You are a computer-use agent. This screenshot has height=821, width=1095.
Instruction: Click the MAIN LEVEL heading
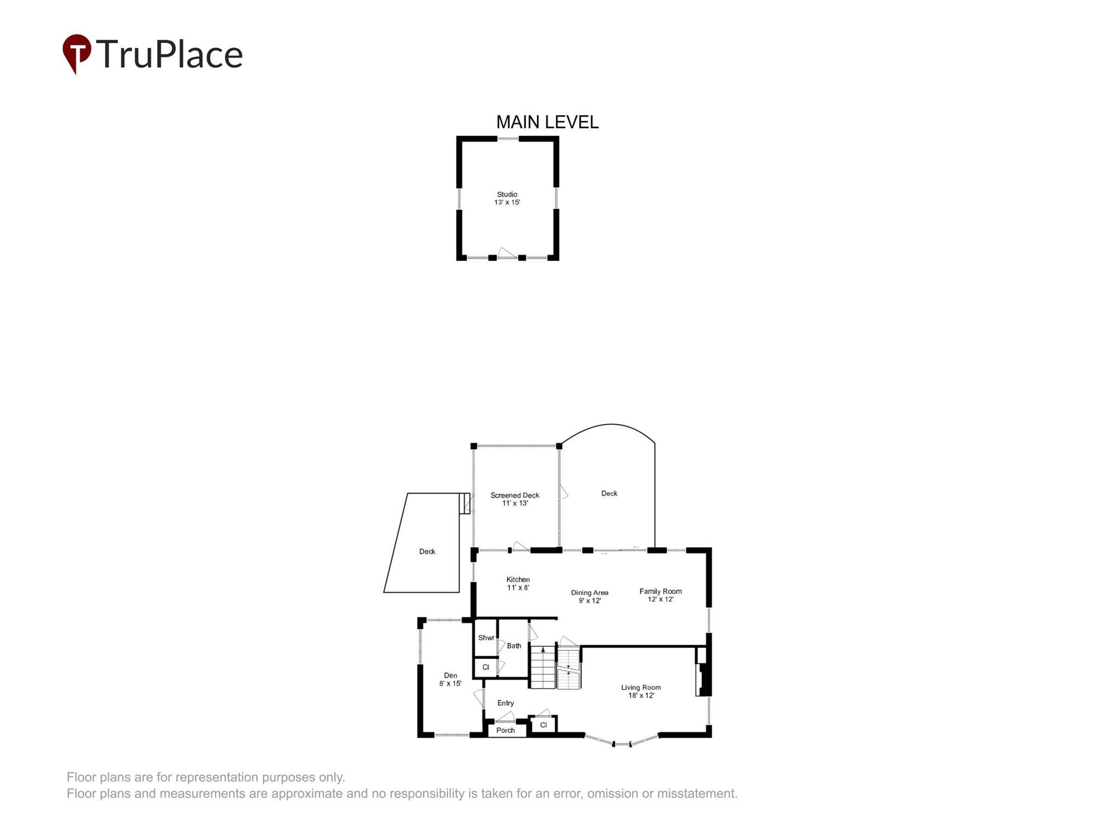coord(547,122)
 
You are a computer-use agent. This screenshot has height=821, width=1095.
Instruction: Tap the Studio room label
coord(507,198)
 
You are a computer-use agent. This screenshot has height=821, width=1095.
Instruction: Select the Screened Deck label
coord(515,499)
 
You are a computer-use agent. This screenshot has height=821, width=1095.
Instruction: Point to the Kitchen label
coord(518,583)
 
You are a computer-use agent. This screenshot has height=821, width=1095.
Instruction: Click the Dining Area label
coord(590,596)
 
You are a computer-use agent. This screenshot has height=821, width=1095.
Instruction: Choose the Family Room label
coord(660,595)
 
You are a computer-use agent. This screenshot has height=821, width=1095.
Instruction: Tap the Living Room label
coord(641,691)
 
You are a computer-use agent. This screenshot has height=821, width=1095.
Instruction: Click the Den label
coord(450,679)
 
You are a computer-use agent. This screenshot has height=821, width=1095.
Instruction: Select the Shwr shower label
coord(486,638)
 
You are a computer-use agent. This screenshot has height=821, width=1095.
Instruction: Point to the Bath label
coord(514,646)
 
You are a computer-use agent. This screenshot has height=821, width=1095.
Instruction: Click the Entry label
coord(505,703)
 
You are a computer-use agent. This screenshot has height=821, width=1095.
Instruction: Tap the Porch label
coord(505,730)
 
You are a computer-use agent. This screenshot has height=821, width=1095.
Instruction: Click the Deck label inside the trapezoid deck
coord(427,551)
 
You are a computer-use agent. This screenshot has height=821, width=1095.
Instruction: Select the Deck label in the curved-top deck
coord(609,493)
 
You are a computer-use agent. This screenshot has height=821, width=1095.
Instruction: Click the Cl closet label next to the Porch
coord(543,725)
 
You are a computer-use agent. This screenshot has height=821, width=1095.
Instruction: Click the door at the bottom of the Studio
coord(506,253)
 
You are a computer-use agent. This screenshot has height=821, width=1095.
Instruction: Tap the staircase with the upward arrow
coord(543,667)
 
